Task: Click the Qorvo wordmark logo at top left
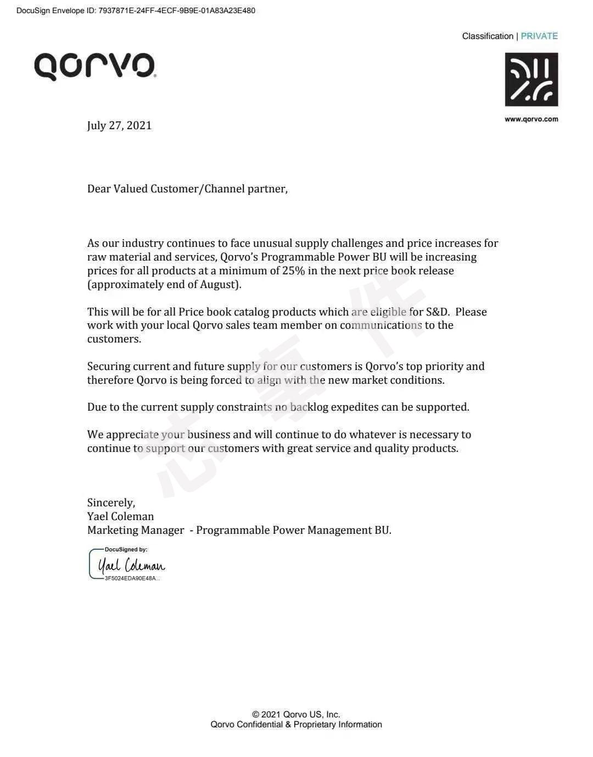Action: [x=95, y=67]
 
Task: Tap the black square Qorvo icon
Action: [x=531, y=80]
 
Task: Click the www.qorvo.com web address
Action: [x=531, y=119]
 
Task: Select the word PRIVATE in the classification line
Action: [x=539, y=36]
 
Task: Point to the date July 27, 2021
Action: [x=119, y=125]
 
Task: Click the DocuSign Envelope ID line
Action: [x=136, y=10]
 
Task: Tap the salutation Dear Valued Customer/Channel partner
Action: [x=187, y=189]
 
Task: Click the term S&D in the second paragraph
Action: [x=437, y=312]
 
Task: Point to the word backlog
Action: [x=309, y=407]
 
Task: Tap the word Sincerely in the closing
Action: [x=111, y=502]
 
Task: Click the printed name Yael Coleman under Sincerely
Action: [x=120, y=516]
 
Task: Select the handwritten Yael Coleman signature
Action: [x=131, y=565]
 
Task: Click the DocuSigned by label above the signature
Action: [x=126, y=549]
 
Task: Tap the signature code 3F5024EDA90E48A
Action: [x=132, y=578]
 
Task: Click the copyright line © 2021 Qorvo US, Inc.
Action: [x=296, y=714]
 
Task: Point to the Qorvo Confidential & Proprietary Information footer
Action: [x=296, y=725]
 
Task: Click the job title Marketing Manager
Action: [x=136, y=530]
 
